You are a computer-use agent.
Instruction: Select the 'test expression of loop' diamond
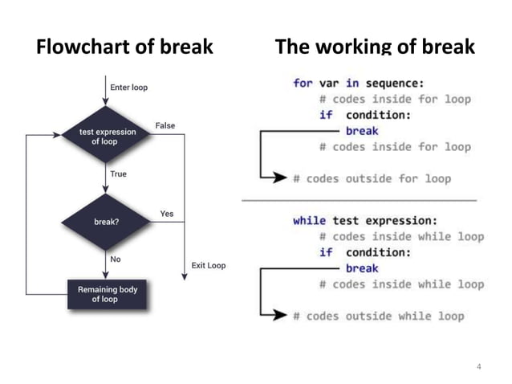click(x=106, y=136)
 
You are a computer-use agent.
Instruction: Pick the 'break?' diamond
click(x=106, y=223)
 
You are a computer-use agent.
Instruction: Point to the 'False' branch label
click(x=165, y=125)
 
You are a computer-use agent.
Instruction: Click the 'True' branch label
click(x=118, y=174)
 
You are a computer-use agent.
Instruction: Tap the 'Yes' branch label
click(x=167, y=214)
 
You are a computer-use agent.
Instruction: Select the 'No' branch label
click(x=116, y=259)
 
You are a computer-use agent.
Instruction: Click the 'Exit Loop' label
click(x=209, y=265)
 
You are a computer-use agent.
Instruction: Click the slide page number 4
click(x=479, y=367)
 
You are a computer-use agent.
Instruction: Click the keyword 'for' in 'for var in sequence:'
click(x=303, y=84)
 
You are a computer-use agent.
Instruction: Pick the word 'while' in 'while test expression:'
click(x=309, y=220)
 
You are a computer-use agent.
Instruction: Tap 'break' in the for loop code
click(x=362, y=131)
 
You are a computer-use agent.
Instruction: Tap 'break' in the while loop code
click(x=362, y=268)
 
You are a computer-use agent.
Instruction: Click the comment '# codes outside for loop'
click(x=371, y=178)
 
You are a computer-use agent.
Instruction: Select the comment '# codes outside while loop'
click(x=377, y=316)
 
